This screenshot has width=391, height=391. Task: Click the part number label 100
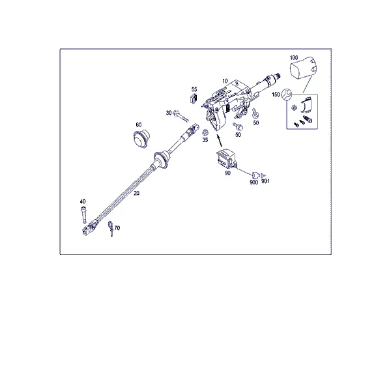[x=294, y=58]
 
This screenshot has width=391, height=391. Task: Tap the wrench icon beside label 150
[x=286, y=94]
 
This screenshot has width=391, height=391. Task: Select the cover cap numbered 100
[x=304, y=67]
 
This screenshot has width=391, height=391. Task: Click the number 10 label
[x=225, y=81]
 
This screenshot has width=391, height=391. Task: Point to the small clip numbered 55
[x=194, y=98]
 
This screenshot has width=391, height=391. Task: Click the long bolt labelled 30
[x=181, y=116]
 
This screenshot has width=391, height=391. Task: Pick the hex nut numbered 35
[x=205, y=132]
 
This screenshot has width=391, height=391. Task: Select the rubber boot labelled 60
[x=141, y=139]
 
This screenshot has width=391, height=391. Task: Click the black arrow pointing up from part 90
[x=220, y=141]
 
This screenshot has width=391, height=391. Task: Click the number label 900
[x=253, y=182]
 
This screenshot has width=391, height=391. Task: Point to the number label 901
[x=265, y=181]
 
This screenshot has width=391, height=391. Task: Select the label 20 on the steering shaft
[x=136, y=194]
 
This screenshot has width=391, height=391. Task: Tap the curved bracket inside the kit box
[x=306, y=104]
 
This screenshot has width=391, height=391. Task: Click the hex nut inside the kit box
[x=295, y=108]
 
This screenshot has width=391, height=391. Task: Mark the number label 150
[x=276, y=94]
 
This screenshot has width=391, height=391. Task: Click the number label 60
[x=139, y=125]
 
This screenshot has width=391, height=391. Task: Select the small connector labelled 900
[x=255, y=175]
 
